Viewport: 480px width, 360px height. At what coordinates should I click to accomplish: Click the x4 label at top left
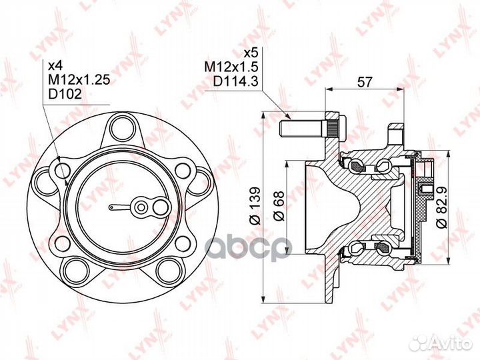tap(55, 65)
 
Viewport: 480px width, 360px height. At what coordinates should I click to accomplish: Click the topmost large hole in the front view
tap(122, 125)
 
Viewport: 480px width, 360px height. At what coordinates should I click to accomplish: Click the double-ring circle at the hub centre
tap(141, 207)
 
